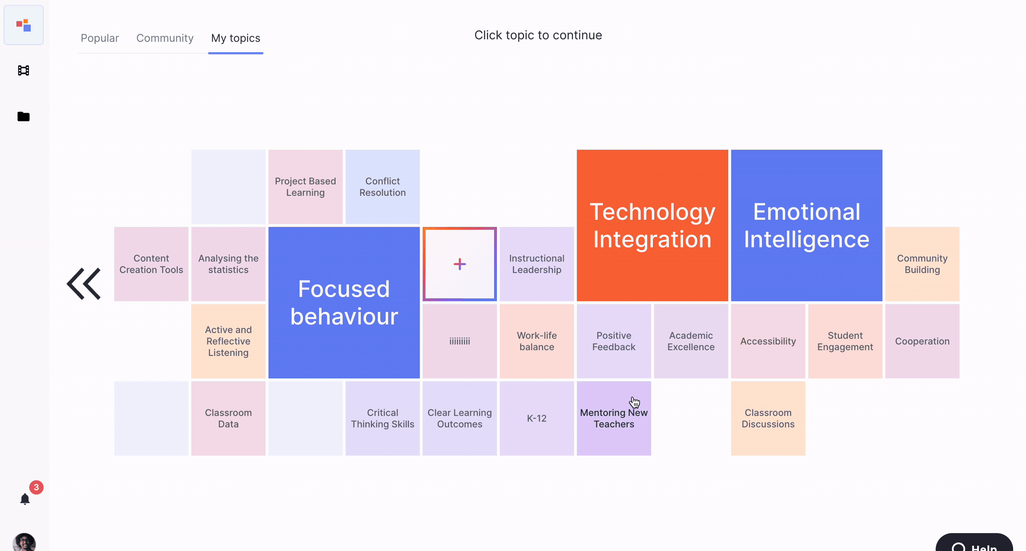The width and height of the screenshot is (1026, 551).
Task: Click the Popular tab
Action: coord(100,38)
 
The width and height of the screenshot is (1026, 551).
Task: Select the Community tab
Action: coord(165,38)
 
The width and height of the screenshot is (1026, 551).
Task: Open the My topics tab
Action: coord(236,38)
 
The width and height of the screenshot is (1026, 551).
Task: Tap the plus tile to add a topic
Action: coord(460,264)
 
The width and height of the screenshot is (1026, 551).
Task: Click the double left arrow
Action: coord(84,284)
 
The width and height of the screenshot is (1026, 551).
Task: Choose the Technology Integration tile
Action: coord(652,225)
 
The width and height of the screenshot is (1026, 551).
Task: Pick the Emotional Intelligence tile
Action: coord(806,225)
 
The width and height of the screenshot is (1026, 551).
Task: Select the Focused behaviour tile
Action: coord(344,303)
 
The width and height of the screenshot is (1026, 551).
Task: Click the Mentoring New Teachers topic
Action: coord(614,418)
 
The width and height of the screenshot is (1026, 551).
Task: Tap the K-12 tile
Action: coord(537,418)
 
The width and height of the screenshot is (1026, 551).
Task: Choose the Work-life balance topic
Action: coord(537,341)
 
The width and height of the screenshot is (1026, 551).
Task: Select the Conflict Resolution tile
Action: coord(382,187)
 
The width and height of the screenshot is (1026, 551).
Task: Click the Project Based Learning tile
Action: coord(305,187)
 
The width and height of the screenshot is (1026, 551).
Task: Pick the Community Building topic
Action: coord(922,264)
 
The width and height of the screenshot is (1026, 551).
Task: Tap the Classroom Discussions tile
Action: coord(768,418)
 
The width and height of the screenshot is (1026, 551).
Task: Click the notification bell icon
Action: coord(25,499)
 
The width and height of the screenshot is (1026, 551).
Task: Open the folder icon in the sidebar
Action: coord(24,116)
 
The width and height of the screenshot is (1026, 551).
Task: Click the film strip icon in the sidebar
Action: coord(24,71)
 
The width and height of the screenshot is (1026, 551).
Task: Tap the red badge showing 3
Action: coord(36,487)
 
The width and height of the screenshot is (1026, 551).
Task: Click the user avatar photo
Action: coord(24,542)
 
